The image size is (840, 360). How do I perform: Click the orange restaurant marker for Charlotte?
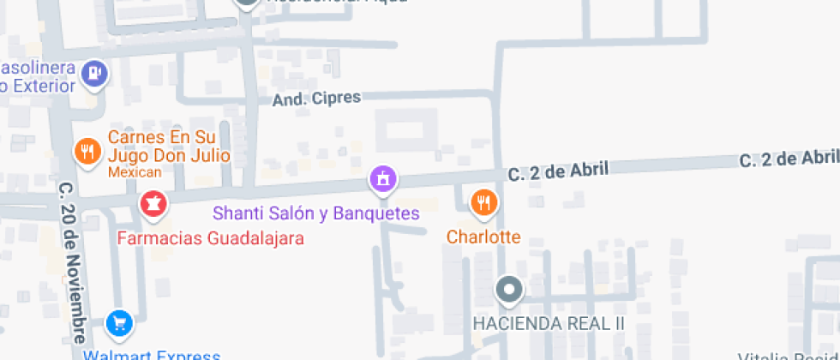point(484,202)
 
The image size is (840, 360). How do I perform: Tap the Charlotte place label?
point(483,237)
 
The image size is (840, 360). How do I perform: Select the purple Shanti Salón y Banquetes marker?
point(382,179)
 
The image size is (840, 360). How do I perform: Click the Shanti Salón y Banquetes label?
point(316,213)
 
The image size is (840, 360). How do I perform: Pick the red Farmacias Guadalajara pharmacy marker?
point(153,204)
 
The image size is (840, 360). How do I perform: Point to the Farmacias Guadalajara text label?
point(210,238)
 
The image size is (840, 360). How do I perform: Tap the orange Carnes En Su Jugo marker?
point(87,153)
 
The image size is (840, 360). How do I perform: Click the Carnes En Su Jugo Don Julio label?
point(168,147)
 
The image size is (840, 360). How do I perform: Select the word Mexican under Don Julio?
point(134,172)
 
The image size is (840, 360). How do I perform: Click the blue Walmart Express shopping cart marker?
point(119,324)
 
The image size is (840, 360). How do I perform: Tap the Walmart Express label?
point(152,355)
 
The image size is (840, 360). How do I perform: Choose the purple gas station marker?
point(94,74)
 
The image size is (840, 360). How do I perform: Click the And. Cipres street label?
point(316,99)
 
